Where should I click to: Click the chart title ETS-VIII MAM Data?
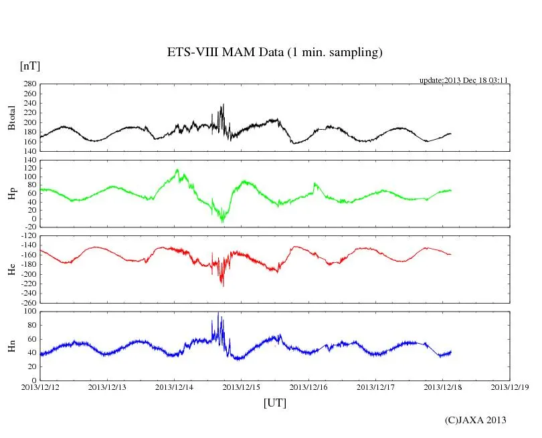click(x=274, y=53)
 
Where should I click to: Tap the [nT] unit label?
click(x=30, y=66)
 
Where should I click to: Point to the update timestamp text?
click(x=464, y=80)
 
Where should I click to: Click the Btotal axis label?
click(x=11, y=118)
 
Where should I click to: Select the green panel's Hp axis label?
click(x=11, y=193)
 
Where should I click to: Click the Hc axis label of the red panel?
click(x=11, y=269)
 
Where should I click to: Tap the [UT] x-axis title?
click(x=275, y=403)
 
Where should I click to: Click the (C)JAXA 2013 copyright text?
click(x=475, y=420)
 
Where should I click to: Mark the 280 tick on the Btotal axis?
click(x=29, y=84)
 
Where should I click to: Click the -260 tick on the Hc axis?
click(x=27, y=302)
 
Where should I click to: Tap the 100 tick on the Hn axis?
click(x=29, y=311)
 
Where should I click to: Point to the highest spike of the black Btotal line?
click(x=223, y=104)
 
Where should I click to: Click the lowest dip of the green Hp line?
click(x=223, y=221)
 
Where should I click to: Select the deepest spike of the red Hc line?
click(x=223, y=286)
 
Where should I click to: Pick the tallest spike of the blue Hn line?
click(x=218, y=314)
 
